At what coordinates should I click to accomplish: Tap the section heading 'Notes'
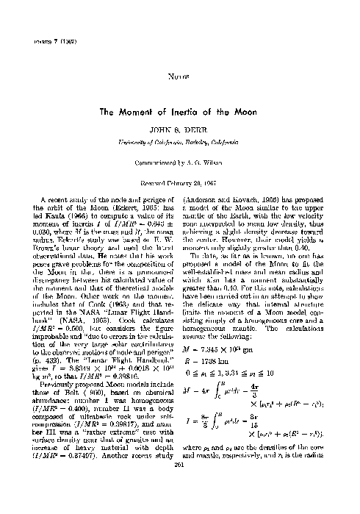(x=179, y=75)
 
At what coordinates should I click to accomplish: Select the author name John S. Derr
(x=179, y=129)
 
